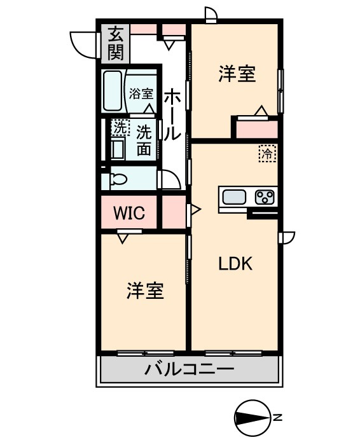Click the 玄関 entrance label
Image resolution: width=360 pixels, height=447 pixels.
pos(115,43)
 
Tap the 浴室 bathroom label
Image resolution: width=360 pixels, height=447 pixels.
pos(141,93)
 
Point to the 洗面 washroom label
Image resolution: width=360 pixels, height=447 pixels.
pos(144,140)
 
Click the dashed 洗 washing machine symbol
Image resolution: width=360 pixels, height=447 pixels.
pos(119,128)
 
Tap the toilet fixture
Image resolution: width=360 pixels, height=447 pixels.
pos(117,179)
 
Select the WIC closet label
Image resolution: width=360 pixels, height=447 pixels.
pos(130,213)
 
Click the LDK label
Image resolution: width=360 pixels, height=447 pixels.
pos(236,263)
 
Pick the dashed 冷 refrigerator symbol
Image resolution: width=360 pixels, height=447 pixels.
pos(267,153)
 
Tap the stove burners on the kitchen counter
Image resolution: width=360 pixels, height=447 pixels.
pos(264,197)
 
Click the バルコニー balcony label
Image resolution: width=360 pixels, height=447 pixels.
pos(189,369)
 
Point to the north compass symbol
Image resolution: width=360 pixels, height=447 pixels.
pos(252,417)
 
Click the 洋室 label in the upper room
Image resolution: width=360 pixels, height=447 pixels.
pos(237,74)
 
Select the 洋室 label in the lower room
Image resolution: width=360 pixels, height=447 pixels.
pos(145,291)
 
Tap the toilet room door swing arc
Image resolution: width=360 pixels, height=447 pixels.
pos(169,179)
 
